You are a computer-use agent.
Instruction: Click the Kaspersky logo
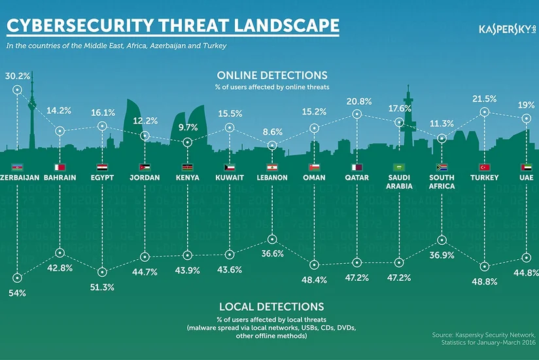[x=506, y=30]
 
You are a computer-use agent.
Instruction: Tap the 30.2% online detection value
[x=18, y=76]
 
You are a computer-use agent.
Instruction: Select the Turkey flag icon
[x=484, y=167]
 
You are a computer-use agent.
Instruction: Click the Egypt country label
[x=103, y=177]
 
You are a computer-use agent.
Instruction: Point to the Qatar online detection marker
[x=358, y=114]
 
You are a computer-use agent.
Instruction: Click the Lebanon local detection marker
[x=273, y=239]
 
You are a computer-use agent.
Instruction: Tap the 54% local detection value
[x=18, y=293]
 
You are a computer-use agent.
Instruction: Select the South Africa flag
[x=442, y=167]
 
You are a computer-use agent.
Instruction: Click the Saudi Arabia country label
[x=399, y=181]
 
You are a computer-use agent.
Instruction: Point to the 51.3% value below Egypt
[x=103, y=287]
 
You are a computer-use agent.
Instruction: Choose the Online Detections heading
[x=272, y=75]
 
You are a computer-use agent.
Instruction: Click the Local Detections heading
[x=271, y=306]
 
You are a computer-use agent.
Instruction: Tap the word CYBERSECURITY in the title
[x=79, y=26]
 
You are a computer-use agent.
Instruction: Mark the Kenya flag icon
[x=188, y=167]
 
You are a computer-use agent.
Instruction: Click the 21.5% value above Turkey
[x=484, y=98]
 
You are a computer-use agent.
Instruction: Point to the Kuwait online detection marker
[x=230, y=128]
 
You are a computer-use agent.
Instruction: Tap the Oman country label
[x=315, y=177]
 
